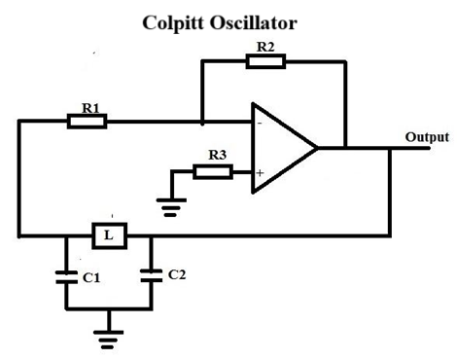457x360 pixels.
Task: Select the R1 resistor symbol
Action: point(87,122)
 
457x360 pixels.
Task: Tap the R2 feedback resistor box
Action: point(265,61)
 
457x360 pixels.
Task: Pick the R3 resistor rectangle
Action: point(212,172)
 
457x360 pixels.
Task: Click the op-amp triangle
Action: point(282,148)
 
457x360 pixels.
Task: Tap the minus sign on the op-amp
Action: point(260,124)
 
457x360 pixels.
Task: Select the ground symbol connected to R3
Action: point(171,204)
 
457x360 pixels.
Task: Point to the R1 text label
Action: point(90,109)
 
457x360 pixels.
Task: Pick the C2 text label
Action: point(176,274)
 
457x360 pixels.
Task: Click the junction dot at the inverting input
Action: point(201,123)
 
